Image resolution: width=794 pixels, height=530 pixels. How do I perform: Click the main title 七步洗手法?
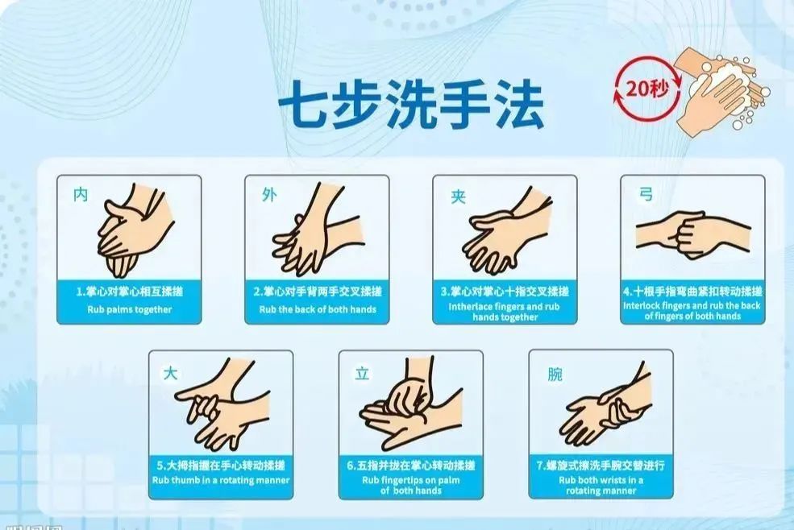point(410,105)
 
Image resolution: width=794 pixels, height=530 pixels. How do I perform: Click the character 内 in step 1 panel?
point(81,194)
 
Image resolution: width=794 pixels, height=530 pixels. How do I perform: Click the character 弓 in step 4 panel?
point(646,194)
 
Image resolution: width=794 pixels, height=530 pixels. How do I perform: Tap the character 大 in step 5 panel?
point(171,374)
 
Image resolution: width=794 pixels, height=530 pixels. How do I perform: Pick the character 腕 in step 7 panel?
point(555,375)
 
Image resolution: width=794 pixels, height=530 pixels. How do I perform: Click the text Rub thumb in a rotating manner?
point(221,481)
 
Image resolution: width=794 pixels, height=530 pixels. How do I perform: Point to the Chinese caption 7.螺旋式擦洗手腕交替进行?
point(601,466)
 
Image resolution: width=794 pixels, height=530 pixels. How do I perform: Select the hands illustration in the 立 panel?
point(411,407)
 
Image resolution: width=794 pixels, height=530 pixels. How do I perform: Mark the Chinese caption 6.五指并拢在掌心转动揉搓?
point(411,466)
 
